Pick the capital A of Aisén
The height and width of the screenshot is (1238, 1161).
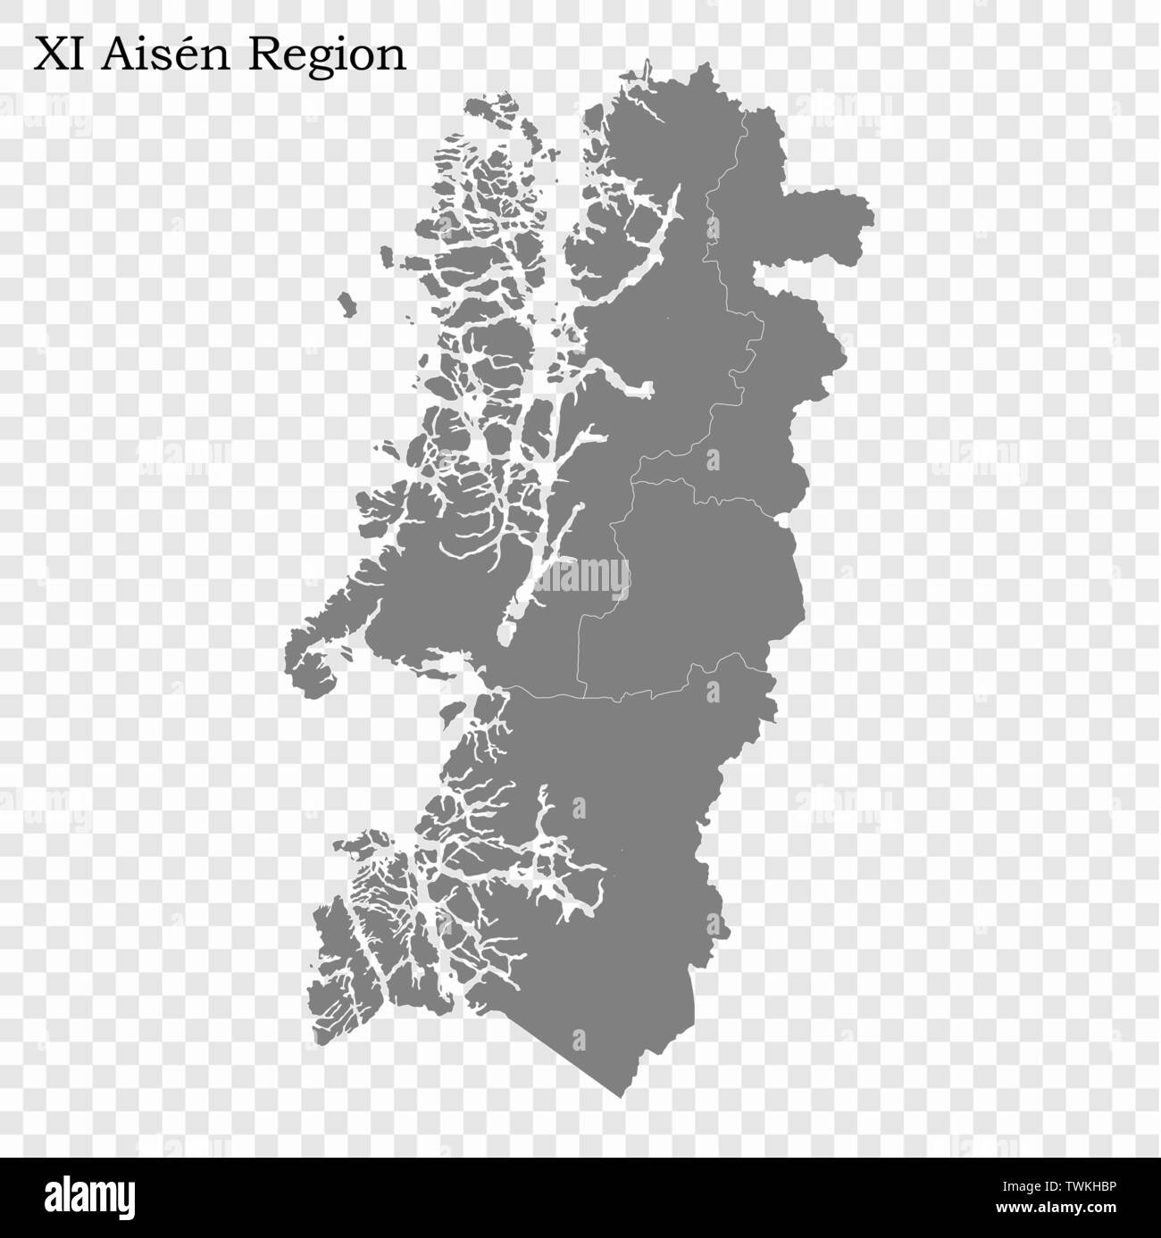pos(118,55)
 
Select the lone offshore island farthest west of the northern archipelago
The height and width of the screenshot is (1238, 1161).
pos(346,305)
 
